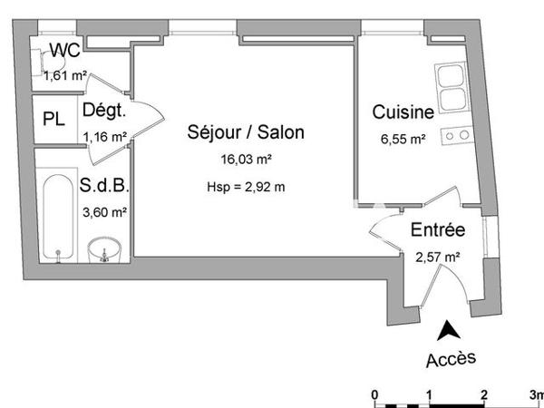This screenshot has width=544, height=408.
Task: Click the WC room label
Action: [63, 51]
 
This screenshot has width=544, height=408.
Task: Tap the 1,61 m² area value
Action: [66, 75]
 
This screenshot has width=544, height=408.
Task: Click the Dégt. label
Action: [102, 111]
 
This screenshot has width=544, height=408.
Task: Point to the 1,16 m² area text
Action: [104, 138]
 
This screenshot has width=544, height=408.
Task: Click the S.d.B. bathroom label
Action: [104, 188]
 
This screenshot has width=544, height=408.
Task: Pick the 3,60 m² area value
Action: [105, 212]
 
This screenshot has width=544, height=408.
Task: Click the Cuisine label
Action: [402, 112]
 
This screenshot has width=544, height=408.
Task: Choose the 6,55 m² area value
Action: [403, 139]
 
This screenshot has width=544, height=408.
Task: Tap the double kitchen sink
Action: [452, 85]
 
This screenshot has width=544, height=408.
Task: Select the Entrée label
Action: [438, 230]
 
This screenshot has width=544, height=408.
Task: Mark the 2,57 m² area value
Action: [437, 257]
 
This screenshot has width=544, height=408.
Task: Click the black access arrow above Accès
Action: [448, 332]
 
